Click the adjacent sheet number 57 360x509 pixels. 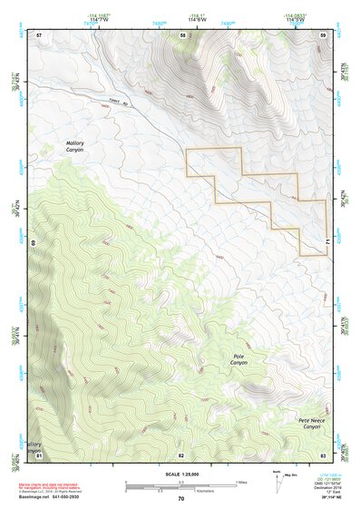tap(39, 34)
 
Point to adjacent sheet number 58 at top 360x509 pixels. tap(182, 34)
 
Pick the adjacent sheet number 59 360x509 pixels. tap(323, 34)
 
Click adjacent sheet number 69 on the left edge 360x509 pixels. tap(34, 243)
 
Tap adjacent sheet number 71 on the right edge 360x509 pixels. tap(327, 241)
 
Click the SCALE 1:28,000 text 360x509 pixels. tap(180, 472)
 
